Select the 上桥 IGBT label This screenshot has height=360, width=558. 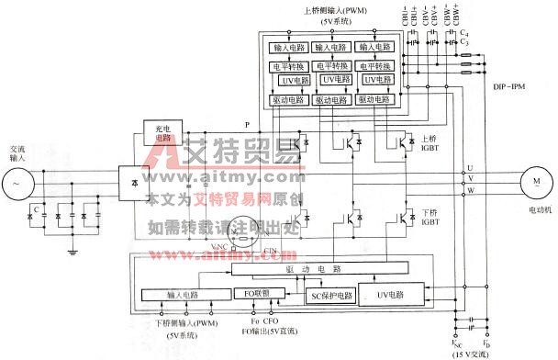pos(430,143)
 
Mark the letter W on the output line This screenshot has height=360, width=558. pos(471,191)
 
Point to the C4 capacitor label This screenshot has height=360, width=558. pos(466,34)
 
